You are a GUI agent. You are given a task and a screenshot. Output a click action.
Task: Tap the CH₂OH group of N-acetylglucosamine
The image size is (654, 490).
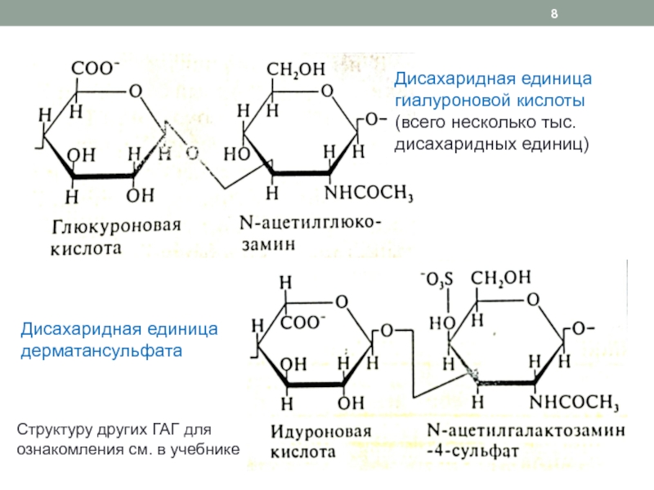(296, 71)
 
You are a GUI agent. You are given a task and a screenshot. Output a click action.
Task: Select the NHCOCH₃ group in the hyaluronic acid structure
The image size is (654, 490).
(370, 193)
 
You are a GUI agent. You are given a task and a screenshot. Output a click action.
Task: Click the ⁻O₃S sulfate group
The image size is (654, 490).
(433, 282)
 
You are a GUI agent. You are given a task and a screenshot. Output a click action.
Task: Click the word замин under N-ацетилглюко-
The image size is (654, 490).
(267, 243)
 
